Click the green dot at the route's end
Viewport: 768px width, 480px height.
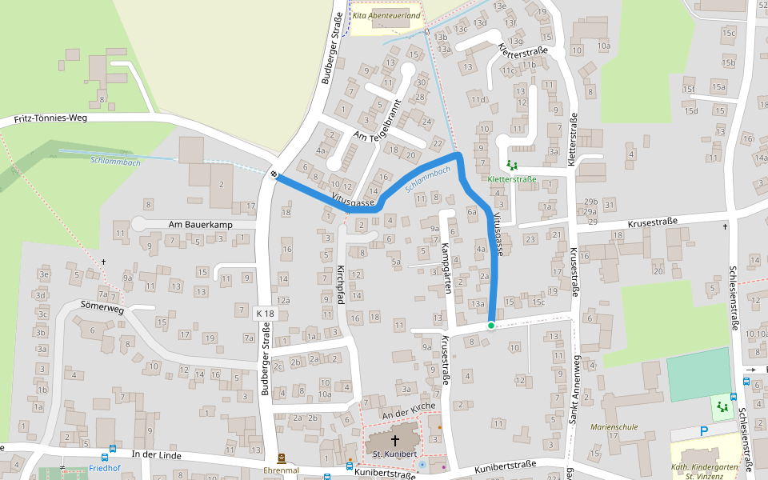[x=490, y=325]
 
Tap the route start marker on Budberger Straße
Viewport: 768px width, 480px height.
[x=274, y=174]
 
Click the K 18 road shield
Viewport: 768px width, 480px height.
[x=266, y=314]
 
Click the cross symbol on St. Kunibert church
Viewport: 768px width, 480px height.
[x=394, y=440]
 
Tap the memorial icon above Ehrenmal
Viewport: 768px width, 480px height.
[x=282, y=458]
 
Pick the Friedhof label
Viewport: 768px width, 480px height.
[x=104, y=469]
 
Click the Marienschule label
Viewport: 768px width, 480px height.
[x=614, y=427]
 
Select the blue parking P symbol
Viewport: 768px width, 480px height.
[x=704, y=430]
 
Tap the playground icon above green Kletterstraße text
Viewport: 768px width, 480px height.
[x=512, y=166]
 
